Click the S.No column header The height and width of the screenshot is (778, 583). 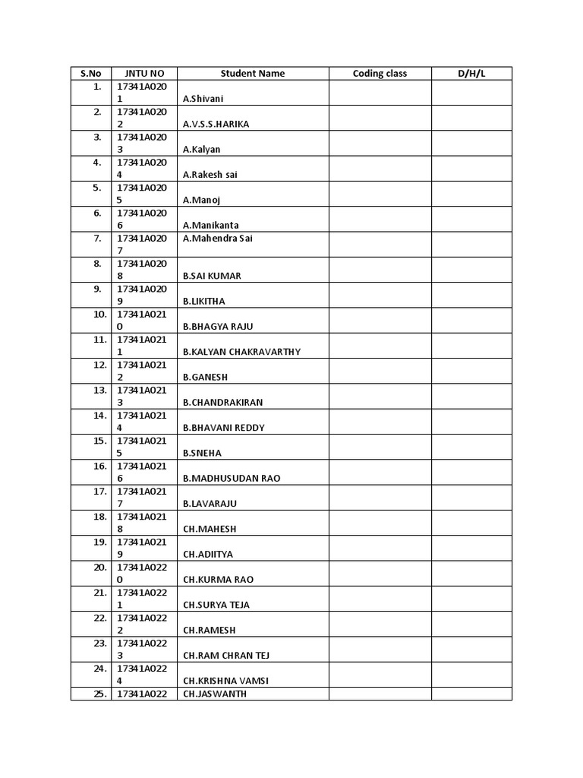[90, 74]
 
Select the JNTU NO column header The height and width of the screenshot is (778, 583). [144, 74]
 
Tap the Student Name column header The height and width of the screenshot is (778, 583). [253, 74]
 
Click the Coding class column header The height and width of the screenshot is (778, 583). [380, 74]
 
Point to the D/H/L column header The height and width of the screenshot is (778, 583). [471, 74]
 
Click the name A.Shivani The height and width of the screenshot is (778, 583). [203, 99]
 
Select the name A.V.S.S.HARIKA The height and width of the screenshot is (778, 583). [216, 124]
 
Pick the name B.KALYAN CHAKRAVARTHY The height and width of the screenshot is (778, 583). [242, 352]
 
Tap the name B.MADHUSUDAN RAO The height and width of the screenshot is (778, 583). [232, 479]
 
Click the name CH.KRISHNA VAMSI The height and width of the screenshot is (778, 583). [225, 681]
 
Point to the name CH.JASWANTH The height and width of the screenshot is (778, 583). [215, 694]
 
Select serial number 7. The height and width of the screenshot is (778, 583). [97, 238]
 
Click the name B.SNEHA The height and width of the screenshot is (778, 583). [202, 453]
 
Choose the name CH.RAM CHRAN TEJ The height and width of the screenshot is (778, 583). [226, 656]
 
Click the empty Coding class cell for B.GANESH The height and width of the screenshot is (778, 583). [380, 371]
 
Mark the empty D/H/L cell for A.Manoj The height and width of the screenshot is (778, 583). [471, 194]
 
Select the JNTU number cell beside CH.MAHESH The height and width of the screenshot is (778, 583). [144, 523]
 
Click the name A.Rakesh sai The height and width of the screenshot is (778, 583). [210, 175]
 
